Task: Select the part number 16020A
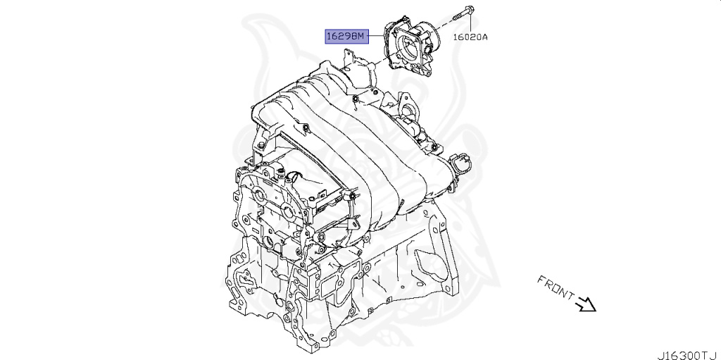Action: pyautogui.click(x=470, y=37)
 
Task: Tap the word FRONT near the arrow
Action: pyautogui.click(x=556, y=286)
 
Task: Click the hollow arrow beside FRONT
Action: pyautogui.click(x=586, y=304)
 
